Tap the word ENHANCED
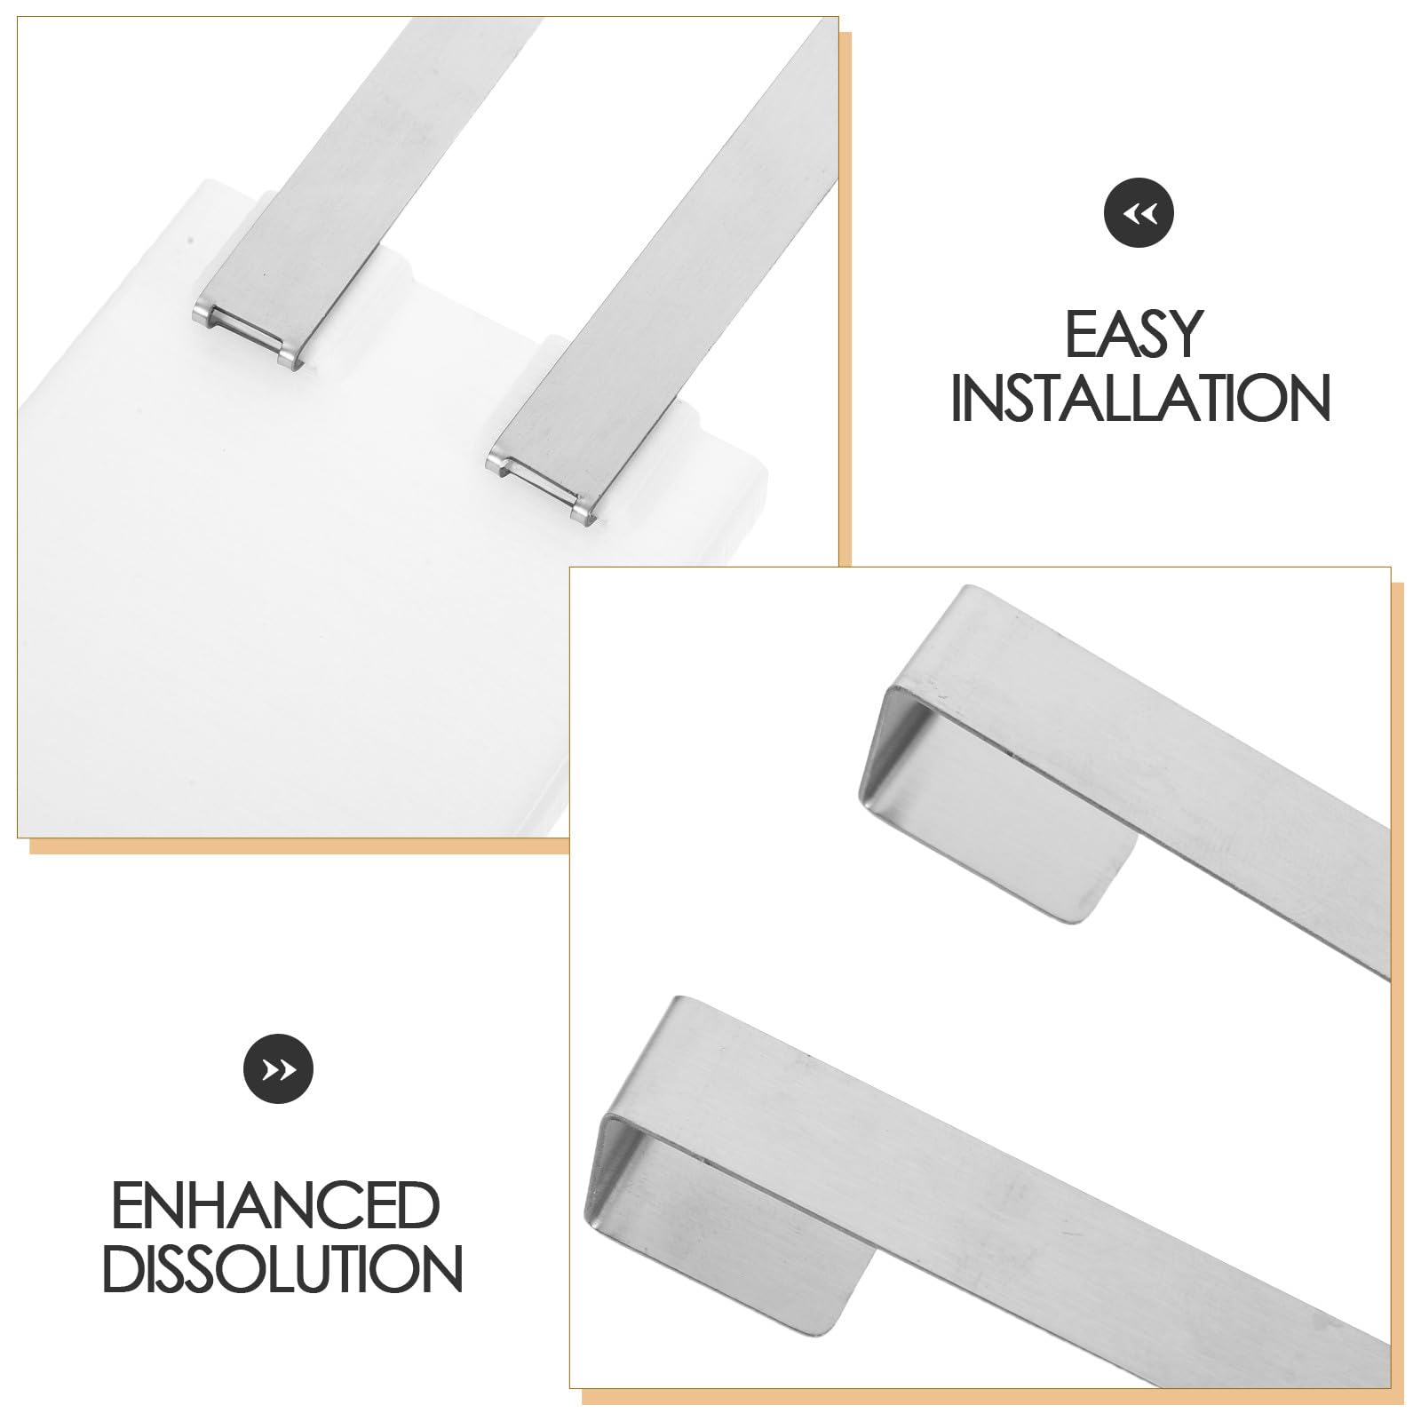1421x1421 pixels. pyautogui.click(x=276, y=1204)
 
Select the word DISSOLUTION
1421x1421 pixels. pyautogui.click(x=282, y=1269)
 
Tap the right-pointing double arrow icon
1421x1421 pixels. pyautogui.click(x=279, y=1070)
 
